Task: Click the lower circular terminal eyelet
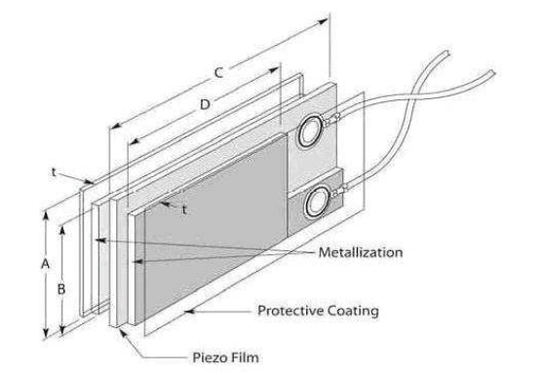316,201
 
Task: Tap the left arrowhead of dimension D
114,129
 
